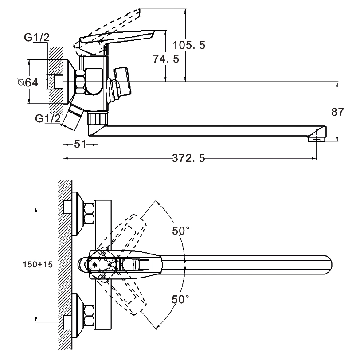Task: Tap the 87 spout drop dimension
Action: [x=337, y=111]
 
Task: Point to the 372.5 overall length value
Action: [x=189, y=158]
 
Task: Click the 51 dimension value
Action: [x=80, y=144]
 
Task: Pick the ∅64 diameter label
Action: [x=27, y=82]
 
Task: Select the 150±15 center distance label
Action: [x=38, y=265]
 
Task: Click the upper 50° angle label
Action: [x=181, y=231]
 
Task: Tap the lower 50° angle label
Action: [x=181, y=300]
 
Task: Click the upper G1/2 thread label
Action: [x=37, y=39]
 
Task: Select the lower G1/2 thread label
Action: [x=48, y=119]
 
